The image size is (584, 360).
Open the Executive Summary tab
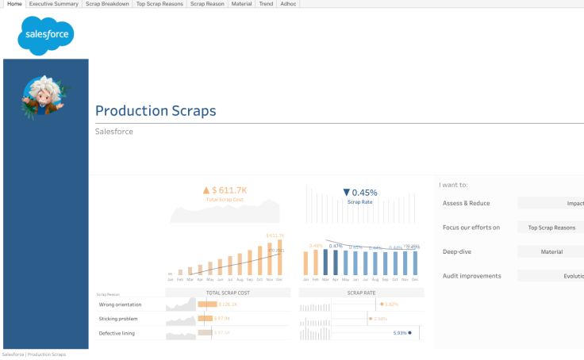[x=52, y=4]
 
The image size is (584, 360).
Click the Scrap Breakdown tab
[x=107, y=4]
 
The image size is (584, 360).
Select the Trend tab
[x=266, y=4]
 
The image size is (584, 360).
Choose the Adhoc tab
[x=288, y=4]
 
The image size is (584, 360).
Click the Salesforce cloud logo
[x=46, y=36]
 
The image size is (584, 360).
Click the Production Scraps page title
[x=156, y=111]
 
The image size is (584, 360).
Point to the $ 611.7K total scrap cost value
[x=225, y=190]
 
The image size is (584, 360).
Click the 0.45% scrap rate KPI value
[x=360, y=193]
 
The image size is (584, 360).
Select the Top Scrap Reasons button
[x=551, y=228]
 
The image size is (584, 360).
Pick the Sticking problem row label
[x=117, y=319]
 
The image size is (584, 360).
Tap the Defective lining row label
[x=117, y=333]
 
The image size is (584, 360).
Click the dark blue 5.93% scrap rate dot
[x=410, y=333]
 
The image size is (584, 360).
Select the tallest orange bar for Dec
[x=279, y=259]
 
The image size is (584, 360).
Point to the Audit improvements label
[x=471, y=276]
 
